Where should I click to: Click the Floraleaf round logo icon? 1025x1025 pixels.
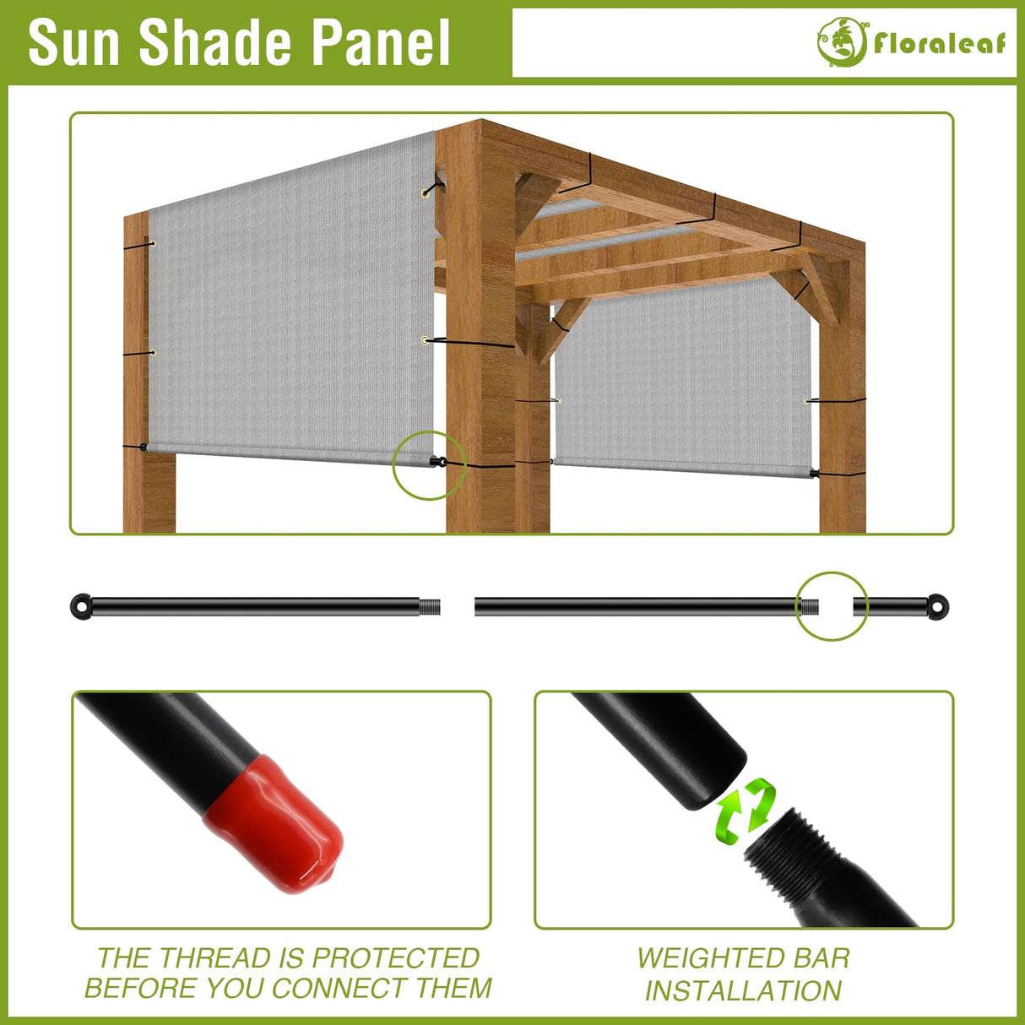click(x=841, y=41)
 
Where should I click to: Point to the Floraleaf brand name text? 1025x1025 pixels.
click(x=940, y=43)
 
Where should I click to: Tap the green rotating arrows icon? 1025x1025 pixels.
click(x=746, y=810)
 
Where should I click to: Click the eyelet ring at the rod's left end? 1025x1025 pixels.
click(x=81, y=606)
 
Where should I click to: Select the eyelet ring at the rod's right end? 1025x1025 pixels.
click(x=937, y=606)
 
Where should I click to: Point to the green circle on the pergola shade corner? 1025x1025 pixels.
click(x=429, y=464)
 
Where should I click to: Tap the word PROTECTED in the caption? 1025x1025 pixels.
click(x=395, y=958)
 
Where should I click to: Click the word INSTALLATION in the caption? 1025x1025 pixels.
click(x=743, y=990)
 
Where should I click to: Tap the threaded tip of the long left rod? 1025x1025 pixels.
click(x=430, y=606)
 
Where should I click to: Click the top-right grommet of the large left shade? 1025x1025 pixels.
click(x=425, y=193)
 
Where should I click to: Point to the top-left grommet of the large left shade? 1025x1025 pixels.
click(x=153, y=244)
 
